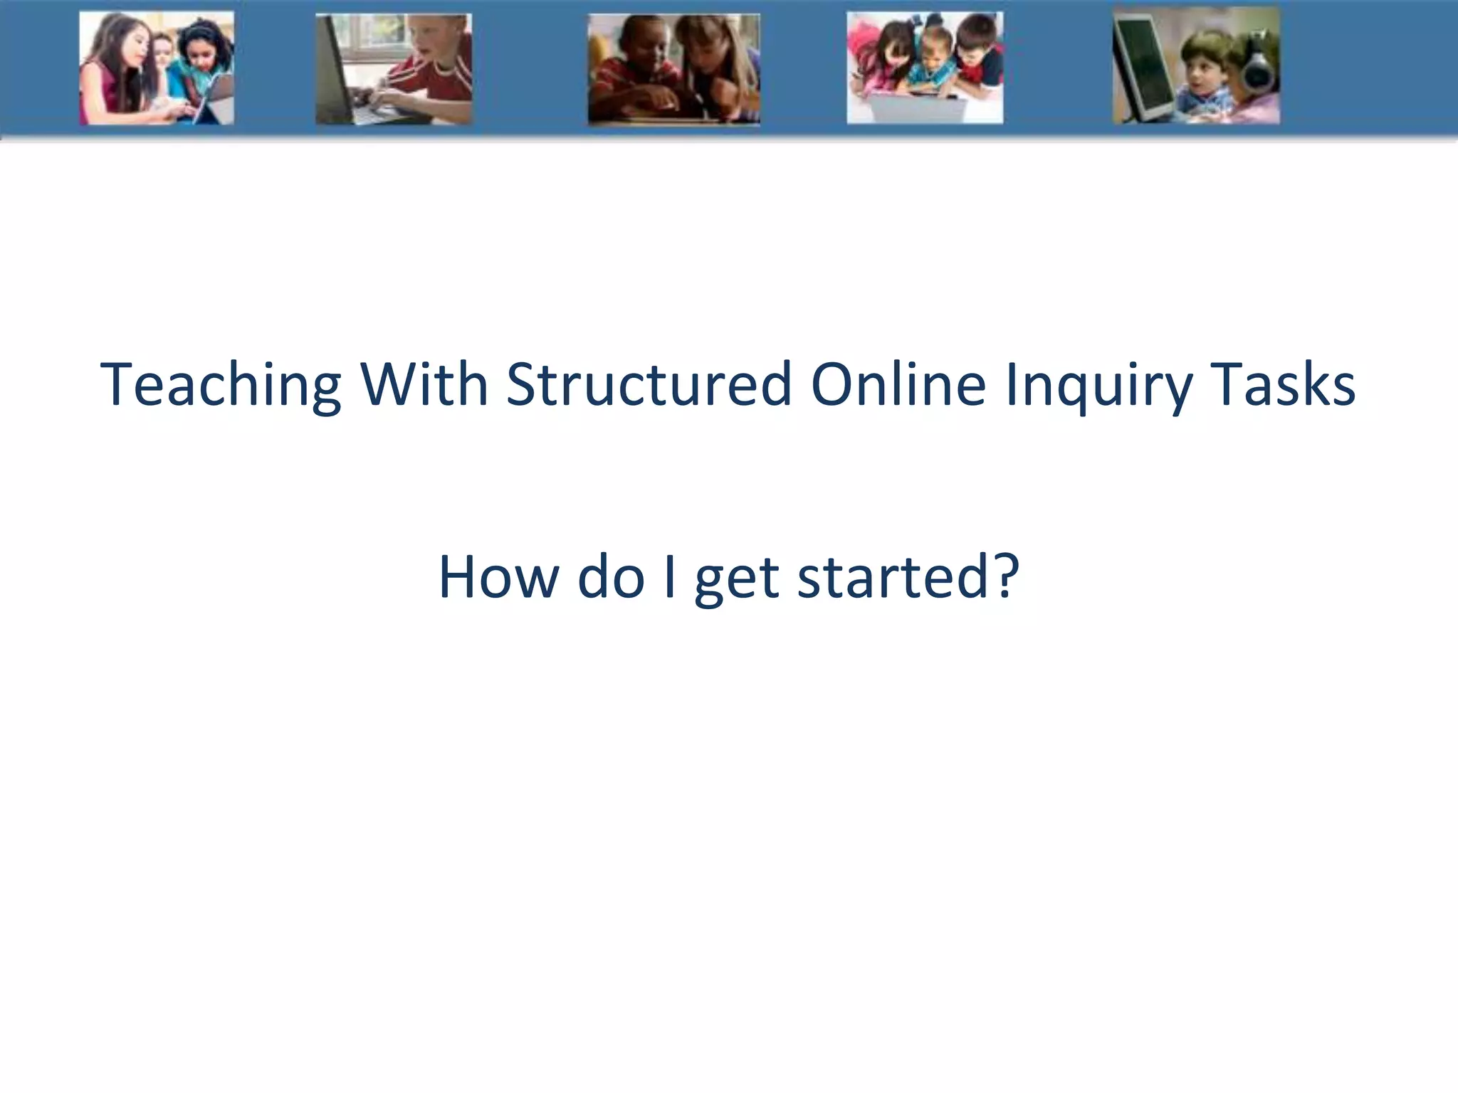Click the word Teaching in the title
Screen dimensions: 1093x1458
coord(221,385)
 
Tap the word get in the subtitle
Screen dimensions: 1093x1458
coord(737,578)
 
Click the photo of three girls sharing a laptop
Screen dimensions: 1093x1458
coord(156,68)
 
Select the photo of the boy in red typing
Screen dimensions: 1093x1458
coord(394,69)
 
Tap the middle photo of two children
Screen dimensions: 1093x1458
coord(673,70)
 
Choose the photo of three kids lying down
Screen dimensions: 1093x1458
coord(925,68)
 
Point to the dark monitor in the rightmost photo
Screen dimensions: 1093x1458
coord(1145,68)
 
